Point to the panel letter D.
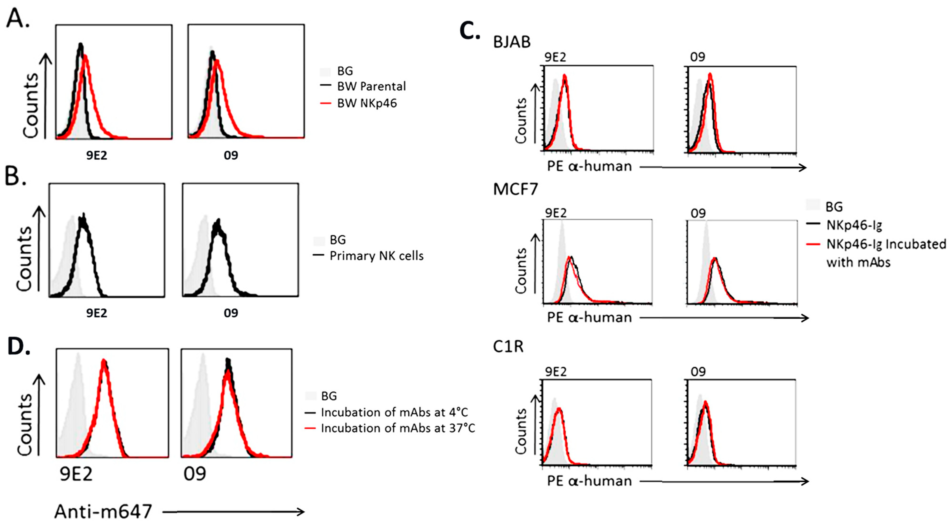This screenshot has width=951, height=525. click(19, 346)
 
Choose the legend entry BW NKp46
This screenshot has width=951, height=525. click(367, 103)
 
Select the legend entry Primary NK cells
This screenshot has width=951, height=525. click(376, 256)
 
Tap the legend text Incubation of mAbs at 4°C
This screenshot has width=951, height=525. click(394, 412)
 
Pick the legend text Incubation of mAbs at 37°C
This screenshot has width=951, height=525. click(398, 428)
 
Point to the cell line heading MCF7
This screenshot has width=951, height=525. click(515, 189)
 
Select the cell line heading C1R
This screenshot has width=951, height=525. click(508, 347)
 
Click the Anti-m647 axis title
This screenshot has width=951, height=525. click(103, 512)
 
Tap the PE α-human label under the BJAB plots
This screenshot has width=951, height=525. click(589, 167)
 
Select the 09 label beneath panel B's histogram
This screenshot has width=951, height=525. click(231, 313)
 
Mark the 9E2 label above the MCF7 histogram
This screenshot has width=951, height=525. click(556, 213)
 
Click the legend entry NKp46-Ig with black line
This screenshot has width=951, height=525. click(854, 225)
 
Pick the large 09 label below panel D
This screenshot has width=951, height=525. click(195, 474)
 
